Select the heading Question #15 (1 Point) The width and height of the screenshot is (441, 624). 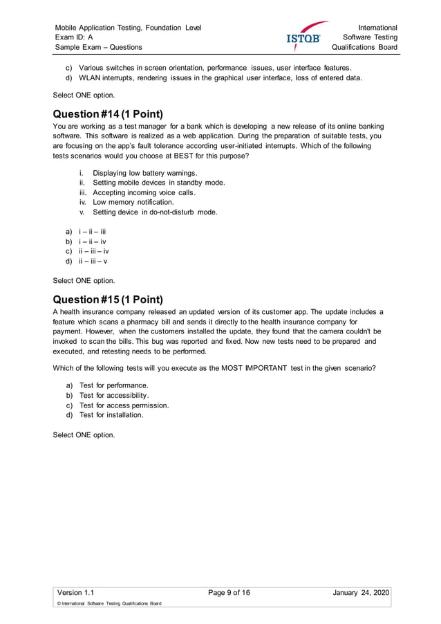(108, 300)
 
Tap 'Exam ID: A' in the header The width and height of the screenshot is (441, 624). (75, 37)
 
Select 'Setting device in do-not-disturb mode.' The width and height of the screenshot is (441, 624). (155, 212)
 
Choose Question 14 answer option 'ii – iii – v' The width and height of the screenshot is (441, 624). (93, 261)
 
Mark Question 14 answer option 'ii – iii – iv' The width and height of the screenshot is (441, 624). (93, 252)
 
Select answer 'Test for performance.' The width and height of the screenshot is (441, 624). (113, 385)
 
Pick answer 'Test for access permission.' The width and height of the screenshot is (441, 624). (124, 405)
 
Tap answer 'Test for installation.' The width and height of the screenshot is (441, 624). (111, 415)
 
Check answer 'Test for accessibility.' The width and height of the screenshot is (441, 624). (114, 395)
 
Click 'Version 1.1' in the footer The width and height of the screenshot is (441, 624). (75, 592)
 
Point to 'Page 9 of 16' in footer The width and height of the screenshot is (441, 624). (229, 592)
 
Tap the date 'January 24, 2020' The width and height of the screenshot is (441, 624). (361, 592)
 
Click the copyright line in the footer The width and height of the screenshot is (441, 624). (109, 604)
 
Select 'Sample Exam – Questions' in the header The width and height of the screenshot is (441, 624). (99, 47)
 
